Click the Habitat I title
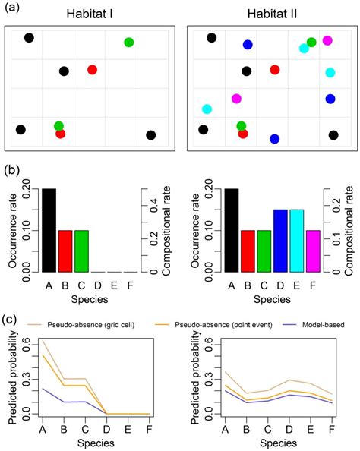[90, 14]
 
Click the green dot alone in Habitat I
[129, 43]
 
